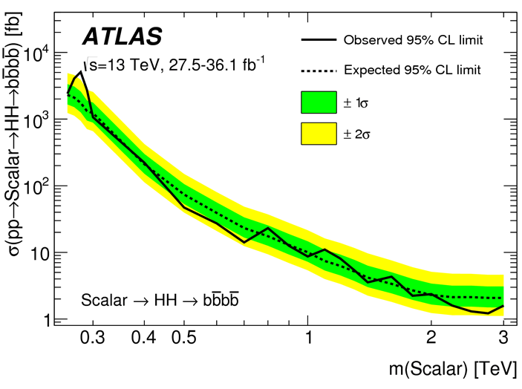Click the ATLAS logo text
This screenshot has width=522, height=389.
122,36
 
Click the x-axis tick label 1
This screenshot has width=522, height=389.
307,339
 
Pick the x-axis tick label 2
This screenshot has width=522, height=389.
431,339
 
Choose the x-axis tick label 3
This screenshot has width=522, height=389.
503,339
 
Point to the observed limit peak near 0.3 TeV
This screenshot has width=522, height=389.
81,72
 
